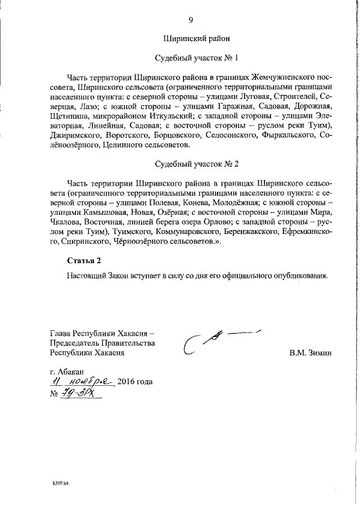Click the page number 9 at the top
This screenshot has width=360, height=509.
point(191,20)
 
